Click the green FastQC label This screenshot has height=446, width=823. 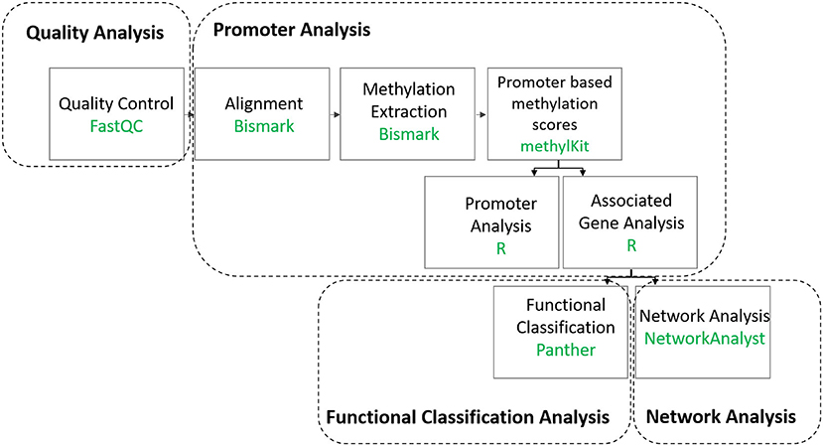click(x=116, y=126)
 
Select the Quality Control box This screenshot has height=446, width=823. click(x=116, y=113)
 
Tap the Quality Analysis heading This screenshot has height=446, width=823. click(x=95, y=33)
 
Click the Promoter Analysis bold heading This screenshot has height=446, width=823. click(x=291, y=30)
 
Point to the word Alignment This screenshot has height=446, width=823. click(x=263, y=103)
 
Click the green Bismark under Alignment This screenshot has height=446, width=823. click(x=264, y=126)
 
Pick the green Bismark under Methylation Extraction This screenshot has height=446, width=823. click(x=409, y=134)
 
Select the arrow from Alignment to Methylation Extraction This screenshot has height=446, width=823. click(x=335, y=114)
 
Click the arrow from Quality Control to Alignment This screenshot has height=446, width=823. click(x=189, y=114)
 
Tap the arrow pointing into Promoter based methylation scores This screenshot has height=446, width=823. click(x=480, y=114)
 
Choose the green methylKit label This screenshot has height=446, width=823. click(x=554, y=145)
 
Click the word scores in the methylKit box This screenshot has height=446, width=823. click(x=554, y=124)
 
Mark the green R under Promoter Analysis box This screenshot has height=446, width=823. click(x=500, y=248)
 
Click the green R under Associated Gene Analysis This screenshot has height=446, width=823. click(x=631, y=245)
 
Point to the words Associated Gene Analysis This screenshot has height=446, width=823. click(x=631, y=212)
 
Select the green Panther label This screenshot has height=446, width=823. click(x=566, y=350)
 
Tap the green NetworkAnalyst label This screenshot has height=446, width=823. click(x=705, y=339)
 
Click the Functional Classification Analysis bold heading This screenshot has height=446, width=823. click(x=468, y=417)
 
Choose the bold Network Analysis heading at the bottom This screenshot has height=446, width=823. click(x=721, y=417)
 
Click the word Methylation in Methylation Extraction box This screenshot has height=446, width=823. click(x=409, y=89)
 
